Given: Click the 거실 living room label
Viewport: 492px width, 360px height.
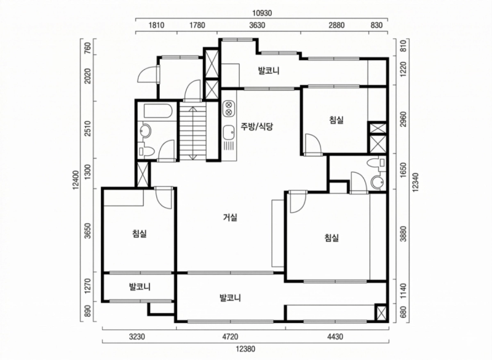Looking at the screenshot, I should tap(231, 217).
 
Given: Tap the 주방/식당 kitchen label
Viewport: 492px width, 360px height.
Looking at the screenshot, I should tap(256, 127).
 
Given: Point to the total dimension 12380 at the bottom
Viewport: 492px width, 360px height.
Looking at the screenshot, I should tap(245, 350).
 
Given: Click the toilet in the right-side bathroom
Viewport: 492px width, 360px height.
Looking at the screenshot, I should tap(375, 163).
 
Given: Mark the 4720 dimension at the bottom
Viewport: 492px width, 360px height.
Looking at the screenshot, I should tap(230, 336).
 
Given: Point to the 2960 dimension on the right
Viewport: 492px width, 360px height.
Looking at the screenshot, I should tap(403, 119).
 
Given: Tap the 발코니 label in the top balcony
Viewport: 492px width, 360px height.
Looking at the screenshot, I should tap(269, 71).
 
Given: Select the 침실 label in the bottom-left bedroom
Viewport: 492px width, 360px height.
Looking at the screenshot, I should tap(139, 233).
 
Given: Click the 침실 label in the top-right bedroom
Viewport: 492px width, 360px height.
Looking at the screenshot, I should tap(336, 121).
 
